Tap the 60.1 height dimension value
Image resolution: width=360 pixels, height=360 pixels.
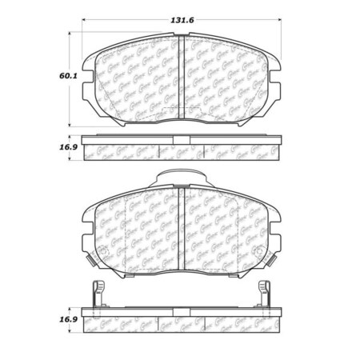56,78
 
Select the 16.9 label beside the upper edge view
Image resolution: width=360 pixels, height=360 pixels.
56,147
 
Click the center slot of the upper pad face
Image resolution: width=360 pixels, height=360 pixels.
180,80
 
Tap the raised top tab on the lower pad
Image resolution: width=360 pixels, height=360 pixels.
181,178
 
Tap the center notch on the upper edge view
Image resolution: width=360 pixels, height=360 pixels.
181,149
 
